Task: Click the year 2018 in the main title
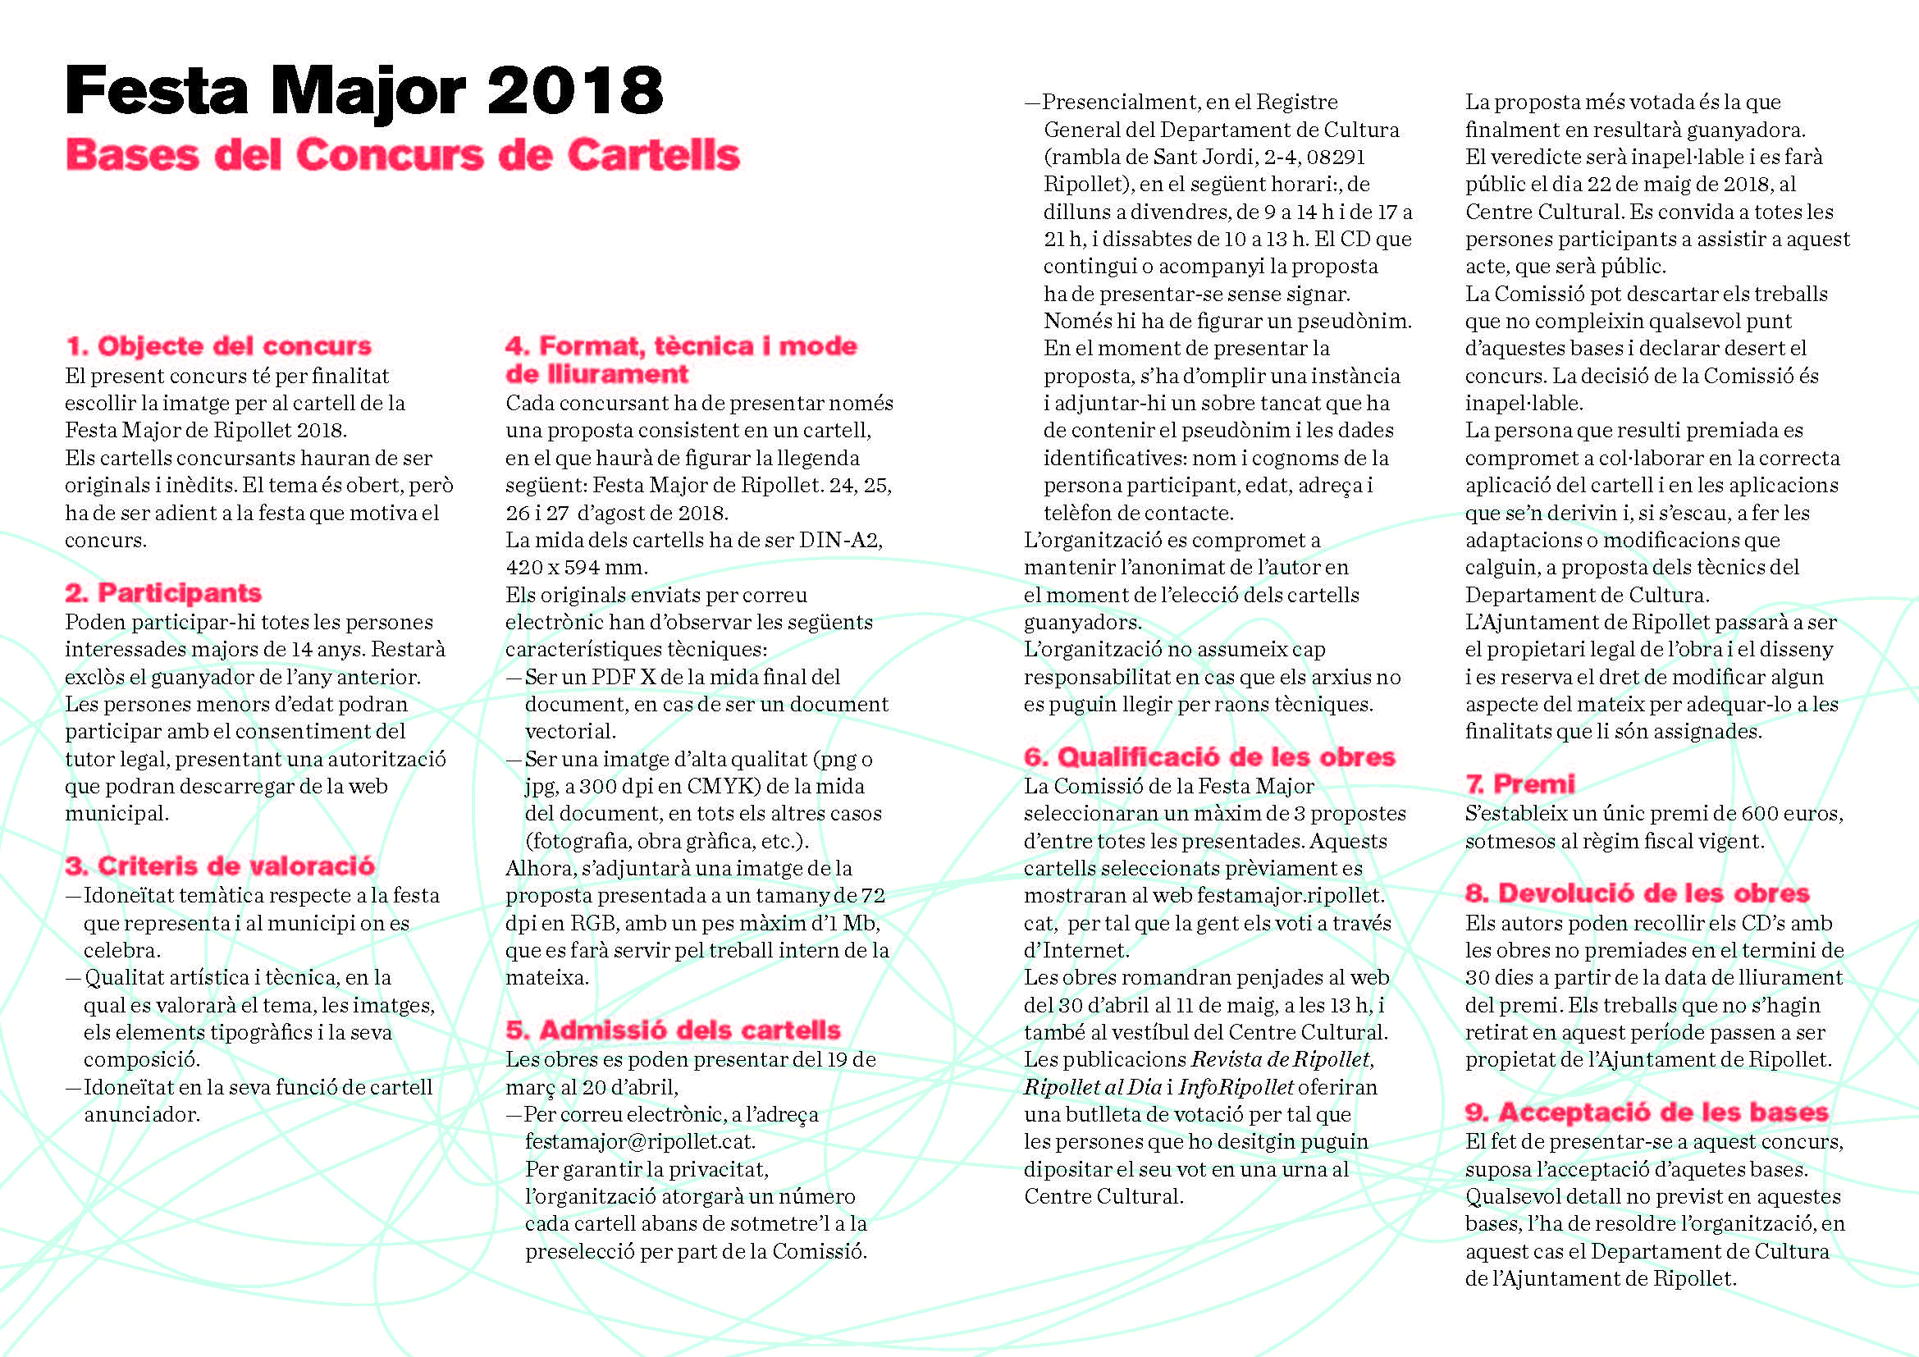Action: click(575, 90)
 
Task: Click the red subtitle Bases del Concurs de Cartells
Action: click(403, 155)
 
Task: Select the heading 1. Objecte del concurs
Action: click(218, 346)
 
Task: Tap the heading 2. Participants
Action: click(163, 592)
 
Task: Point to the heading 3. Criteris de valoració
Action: click(220, 866)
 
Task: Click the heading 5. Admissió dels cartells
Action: click(673, 1030)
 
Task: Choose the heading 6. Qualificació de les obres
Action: click(1209, 757)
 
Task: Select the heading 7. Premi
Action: click(1519, 784)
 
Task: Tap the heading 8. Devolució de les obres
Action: click(1637, 893)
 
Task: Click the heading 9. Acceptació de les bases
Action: click(1647, 1113)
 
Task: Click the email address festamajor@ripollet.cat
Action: click(639, 1141)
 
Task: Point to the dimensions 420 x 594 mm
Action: click(575, 568)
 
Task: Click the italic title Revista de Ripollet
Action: click(1282, 1059)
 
